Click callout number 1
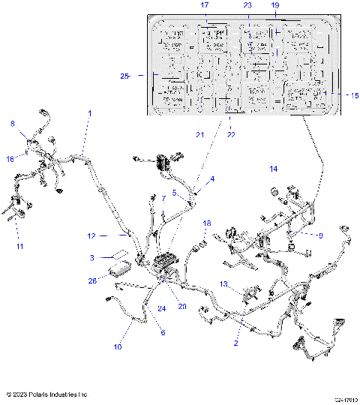(x=89, y=113)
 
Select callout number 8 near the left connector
(x=11, y=124)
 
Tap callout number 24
(x=161, y=307)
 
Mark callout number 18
(x=208, y=223)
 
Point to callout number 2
(x=236, y=343)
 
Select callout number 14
(x=273, y=169)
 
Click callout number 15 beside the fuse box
(x=355, y=95)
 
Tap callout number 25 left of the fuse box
(x=124, y=76)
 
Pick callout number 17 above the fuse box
(x=204, y=5)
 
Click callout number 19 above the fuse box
(x=274, y=5)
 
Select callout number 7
(x=163, y=198)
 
